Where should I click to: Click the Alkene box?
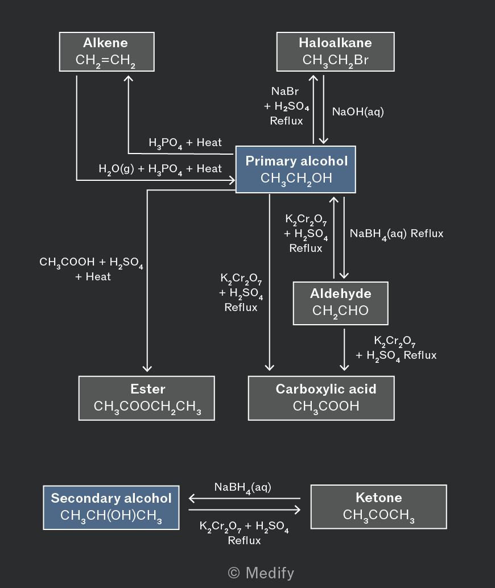(106, 52)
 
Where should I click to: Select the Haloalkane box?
(336, 52)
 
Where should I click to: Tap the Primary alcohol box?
(296, 169)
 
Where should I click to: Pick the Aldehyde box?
(340, 303)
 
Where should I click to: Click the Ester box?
(147, 398)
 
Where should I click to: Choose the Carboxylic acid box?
(321, 398)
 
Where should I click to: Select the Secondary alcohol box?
(111, 507)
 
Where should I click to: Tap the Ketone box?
(379, 507)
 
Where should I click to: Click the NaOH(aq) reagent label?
(358, 112)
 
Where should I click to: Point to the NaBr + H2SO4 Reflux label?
(286, 106)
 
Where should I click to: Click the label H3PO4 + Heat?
(185, 143)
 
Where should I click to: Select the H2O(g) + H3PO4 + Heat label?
(160, 169)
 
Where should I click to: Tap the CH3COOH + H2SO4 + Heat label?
(91, 269)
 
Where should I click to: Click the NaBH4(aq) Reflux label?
(397, 234)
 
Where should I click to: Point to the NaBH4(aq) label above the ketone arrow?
(242, 487)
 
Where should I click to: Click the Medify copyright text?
(261, 573)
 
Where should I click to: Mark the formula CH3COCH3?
(379, 515)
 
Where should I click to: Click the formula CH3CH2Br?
(336, 60)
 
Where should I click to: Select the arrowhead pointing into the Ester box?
(147, 368)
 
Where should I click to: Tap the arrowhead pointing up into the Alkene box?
(129, 78)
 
